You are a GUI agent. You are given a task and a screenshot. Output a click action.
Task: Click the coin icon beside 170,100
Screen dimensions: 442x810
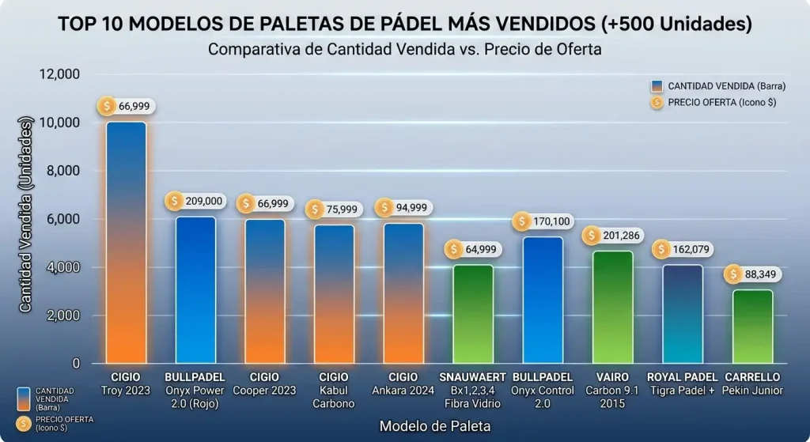click(x=521, y=222)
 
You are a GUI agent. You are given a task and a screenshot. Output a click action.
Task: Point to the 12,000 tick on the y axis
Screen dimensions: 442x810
click(x=60, y=74)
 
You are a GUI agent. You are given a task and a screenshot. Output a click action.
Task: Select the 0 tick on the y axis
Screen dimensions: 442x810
click(x=76, y=364)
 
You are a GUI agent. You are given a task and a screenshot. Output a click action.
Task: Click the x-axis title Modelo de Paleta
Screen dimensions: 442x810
click(x=434, y=426)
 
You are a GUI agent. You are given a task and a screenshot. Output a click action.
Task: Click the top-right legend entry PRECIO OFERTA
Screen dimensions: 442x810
click(x=717, y=102)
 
